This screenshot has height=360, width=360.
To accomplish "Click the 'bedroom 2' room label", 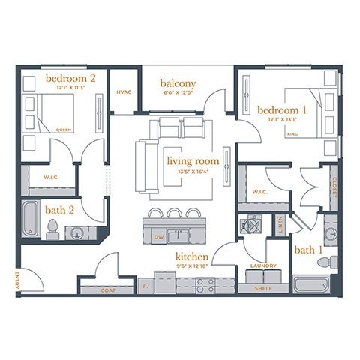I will pos(70,78).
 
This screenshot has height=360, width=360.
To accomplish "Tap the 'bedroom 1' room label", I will pos(282,109).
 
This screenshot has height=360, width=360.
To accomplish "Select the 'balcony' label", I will pos(178,83).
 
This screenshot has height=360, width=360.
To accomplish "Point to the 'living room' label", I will pos(193,160).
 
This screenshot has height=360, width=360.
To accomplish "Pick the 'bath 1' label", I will pos(308,249).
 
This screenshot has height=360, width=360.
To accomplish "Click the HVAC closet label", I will pos(124,92).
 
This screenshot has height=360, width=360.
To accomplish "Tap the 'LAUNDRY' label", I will pos(263,265).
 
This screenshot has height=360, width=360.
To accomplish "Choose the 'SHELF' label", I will pos(263,287).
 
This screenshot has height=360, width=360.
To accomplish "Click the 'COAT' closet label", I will pos(107,288).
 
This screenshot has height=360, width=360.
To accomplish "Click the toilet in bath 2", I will pos(52,232).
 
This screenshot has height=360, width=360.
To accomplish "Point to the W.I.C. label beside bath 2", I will pos(51,178).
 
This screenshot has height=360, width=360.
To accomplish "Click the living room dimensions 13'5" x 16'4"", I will pos(193,171).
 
